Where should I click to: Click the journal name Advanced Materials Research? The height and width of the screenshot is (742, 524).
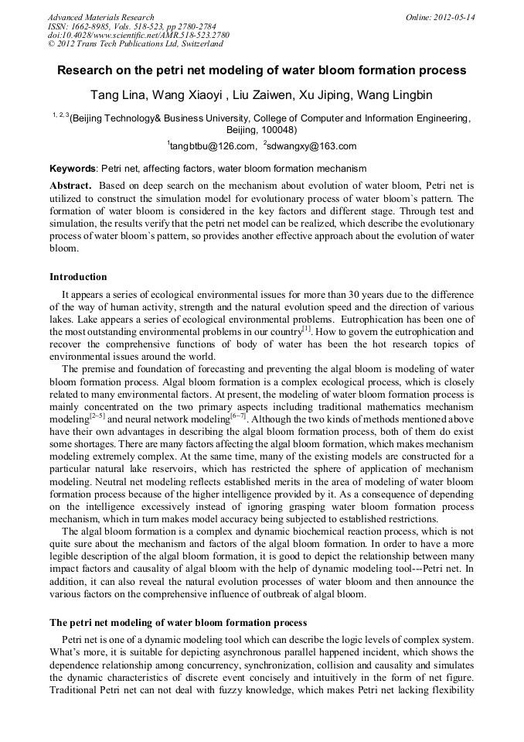pos(100,17)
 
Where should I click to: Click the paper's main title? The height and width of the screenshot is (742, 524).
pos(262,70)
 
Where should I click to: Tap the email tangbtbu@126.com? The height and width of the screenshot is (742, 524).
pos(214,146)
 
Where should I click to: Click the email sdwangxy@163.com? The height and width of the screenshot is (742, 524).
pos(311,146)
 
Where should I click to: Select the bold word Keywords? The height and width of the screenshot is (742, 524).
pos(73,168)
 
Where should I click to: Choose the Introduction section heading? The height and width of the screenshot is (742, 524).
pos(78,276)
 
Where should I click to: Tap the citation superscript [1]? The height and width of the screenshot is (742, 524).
pos(307,328)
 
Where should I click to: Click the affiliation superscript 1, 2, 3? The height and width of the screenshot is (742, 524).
pos(60,115)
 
